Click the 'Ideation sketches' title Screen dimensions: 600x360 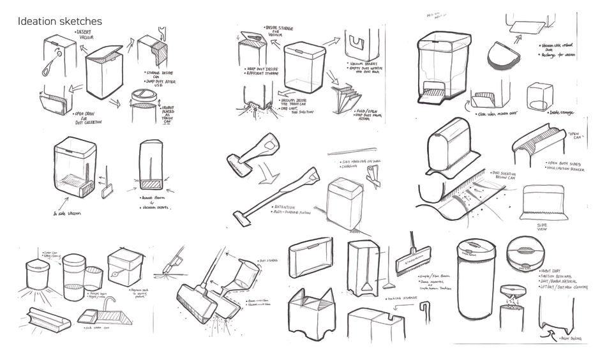tap(59, 22)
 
